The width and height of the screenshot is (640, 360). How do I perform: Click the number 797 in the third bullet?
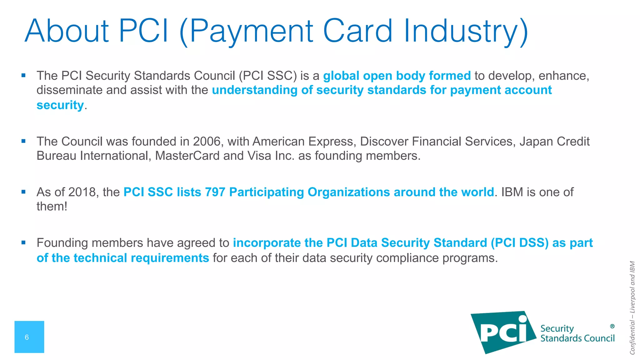[x=215, y=192]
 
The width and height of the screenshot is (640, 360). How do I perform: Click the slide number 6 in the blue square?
[x=27, y=337]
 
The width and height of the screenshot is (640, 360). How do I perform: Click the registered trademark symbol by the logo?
[x=612, y=326]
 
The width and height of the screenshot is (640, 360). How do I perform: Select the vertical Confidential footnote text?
[x=632, y=308]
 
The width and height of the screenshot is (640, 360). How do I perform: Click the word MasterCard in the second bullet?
[x=187, y=156]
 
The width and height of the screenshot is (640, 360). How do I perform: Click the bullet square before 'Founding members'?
[x=23, y=242]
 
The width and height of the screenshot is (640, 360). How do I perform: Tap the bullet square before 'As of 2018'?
[x=23, y=192]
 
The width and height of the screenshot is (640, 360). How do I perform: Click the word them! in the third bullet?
[x=52, y=207]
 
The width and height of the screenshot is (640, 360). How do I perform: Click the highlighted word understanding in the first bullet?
[x=254, y=90]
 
